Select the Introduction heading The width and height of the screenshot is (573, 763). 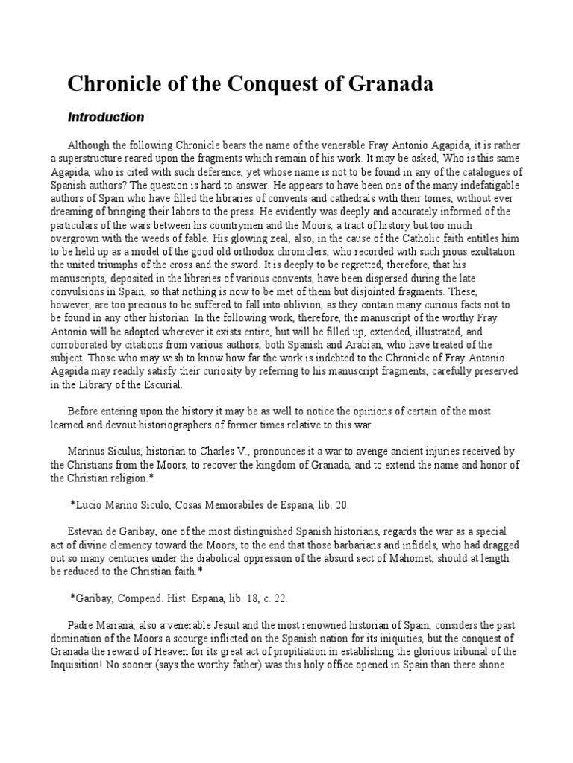(106, 117)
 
